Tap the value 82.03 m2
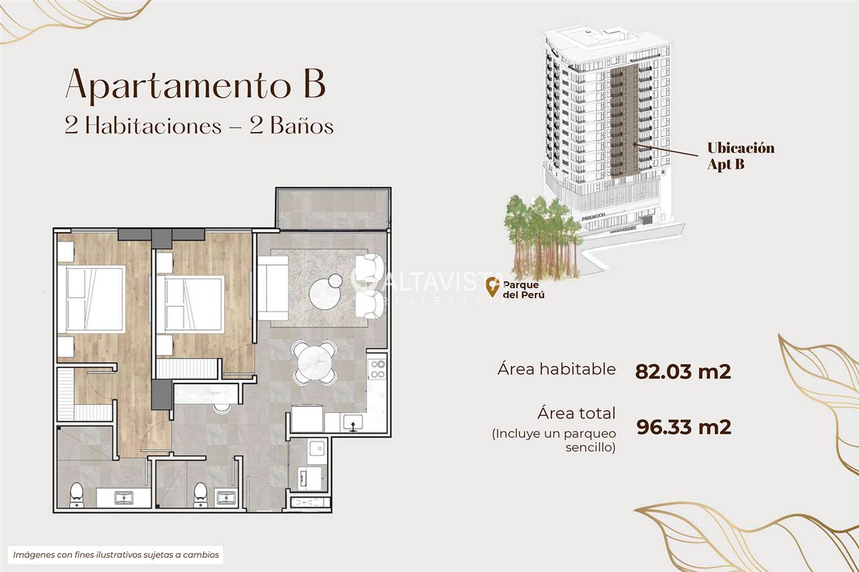pyautogui.click(x=683, y=371)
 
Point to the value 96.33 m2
pyautogui.click(x=684, y=426)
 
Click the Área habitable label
pyautogui.click(x=556, y=369)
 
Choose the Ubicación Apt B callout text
pyautogui.click(x=741, y=156)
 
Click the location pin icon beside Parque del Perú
pyautogui.click(x=493, y=287)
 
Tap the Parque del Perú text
pyautogui.click(x=523, y=290)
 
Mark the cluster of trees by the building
pyautogui.click(x=543, y=237)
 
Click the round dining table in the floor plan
pyautogui.click(x=315, y=362)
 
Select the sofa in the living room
pyautogui.click(x=272, y=288)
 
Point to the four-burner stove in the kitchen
pyautogui.click(x=377, y=369)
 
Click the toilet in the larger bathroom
pyautogui.click(x=77, y=495)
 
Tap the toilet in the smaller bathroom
pyautogui.click(x=200, y=495)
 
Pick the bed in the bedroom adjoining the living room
pyautogui.click(x=190, y=304)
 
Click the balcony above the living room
pyautogui.click(x=333, y=209)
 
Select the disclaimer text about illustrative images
pyautogui.click(x=116, y=555)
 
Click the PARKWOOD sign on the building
pyautogui.click(x=593, y=217)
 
